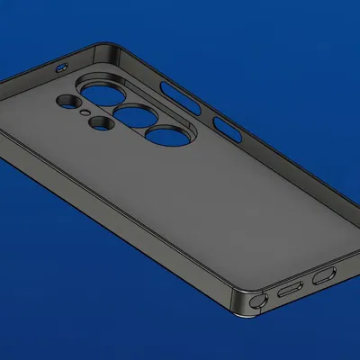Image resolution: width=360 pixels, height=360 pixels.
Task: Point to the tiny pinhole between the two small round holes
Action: click(84, 112)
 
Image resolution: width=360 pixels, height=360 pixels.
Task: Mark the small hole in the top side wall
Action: click(62, 67)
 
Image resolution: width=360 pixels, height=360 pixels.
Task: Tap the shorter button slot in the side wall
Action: click(224, 131)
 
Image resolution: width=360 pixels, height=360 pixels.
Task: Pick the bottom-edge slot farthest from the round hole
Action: click(322, 276)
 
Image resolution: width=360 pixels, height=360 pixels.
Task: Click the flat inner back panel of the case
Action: click(162, 207)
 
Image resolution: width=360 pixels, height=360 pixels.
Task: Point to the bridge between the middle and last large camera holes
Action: click(150, 126)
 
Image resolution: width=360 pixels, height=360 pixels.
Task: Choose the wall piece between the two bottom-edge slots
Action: click(306, 283)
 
